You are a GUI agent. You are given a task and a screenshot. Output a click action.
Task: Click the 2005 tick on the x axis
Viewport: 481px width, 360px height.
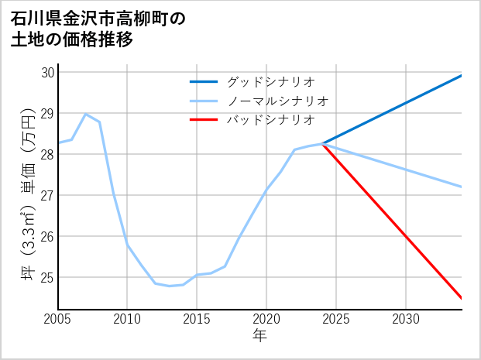point(58,319)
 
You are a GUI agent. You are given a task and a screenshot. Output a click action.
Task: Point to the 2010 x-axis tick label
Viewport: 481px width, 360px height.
point(128,319)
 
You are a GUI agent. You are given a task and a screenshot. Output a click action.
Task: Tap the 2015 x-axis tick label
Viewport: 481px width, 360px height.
point(198,319)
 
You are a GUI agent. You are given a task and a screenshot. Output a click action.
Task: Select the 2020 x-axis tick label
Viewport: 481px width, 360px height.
point(266,319)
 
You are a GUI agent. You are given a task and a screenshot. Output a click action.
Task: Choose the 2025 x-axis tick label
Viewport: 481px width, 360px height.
point(336,319)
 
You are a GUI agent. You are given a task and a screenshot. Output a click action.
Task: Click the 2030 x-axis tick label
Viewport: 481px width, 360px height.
point(406,319)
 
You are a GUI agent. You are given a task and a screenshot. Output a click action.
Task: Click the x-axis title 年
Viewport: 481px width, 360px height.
point(259,335)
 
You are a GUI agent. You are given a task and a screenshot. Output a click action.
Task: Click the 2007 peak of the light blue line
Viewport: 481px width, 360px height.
point(85,114)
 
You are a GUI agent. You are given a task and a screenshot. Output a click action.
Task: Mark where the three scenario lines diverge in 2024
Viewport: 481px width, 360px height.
point(322,144)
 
